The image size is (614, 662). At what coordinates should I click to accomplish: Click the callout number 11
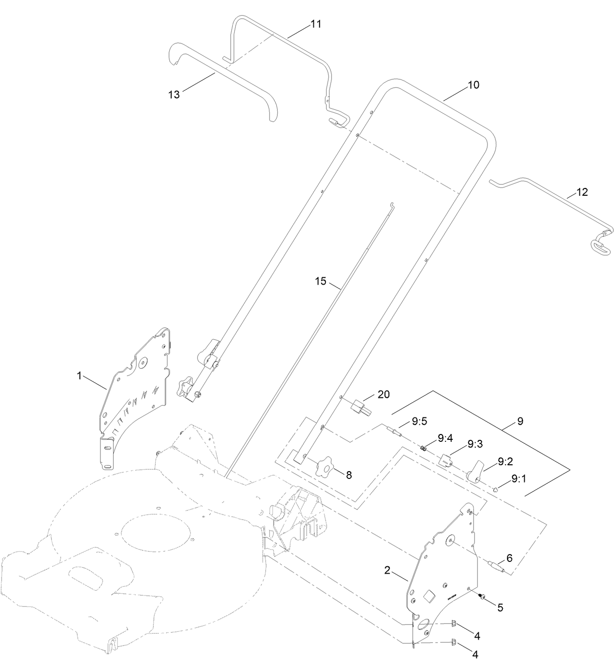pos(316,24)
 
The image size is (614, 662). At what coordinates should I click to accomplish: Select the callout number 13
pos(174,95)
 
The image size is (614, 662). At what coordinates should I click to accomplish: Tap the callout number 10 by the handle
pos(473,85)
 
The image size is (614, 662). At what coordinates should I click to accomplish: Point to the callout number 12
pos(582,192)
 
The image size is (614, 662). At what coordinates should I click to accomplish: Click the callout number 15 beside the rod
pos(320,281)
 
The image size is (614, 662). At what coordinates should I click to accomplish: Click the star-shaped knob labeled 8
pos(326,466)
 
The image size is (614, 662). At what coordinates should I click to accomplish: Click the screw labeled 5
pos(481,597)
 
